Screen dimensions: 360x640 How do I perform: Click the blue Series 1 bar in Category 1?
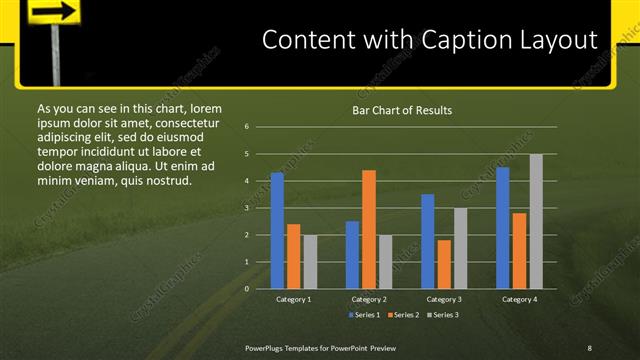pyautogui.click(x=277, y=231)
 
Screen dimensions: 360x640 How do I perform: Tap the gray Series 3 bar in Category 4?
pyautogui.click(x=536, y=222)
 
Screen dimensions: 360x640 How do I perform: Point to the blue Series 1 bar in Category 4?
pyautogui.click(x=503, y=228)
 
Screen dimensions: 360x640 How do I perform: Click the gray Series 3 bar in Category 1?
pyautogui.click(x=310, y=262)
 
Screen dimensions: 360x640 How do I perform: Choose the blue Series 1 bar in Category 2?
pyautogui.click(x=352, y=255)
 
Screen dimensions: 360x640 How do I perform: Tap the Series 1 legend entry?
pyautogui.click(x=366, y=315)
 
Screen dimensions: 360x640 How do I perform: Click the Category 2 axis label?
pyautogui.click(x=369, y=299)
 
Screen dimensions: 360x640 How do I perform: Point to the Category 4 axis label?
pyautogui.click(x=519, y=299)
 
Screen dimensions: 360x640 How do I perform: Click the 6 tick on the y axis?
pyautogui.click(x=246, y=127)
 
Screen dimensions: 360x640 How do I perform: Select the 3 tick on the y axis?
pyautogui.click(x=246, y=208)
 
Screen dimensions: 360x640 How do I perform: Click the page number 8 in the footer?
pyautogui.click(x=589, y=347)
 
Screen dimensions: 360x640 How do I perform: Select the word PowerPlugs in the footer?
pyautogui.click(x=267, y=347)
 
